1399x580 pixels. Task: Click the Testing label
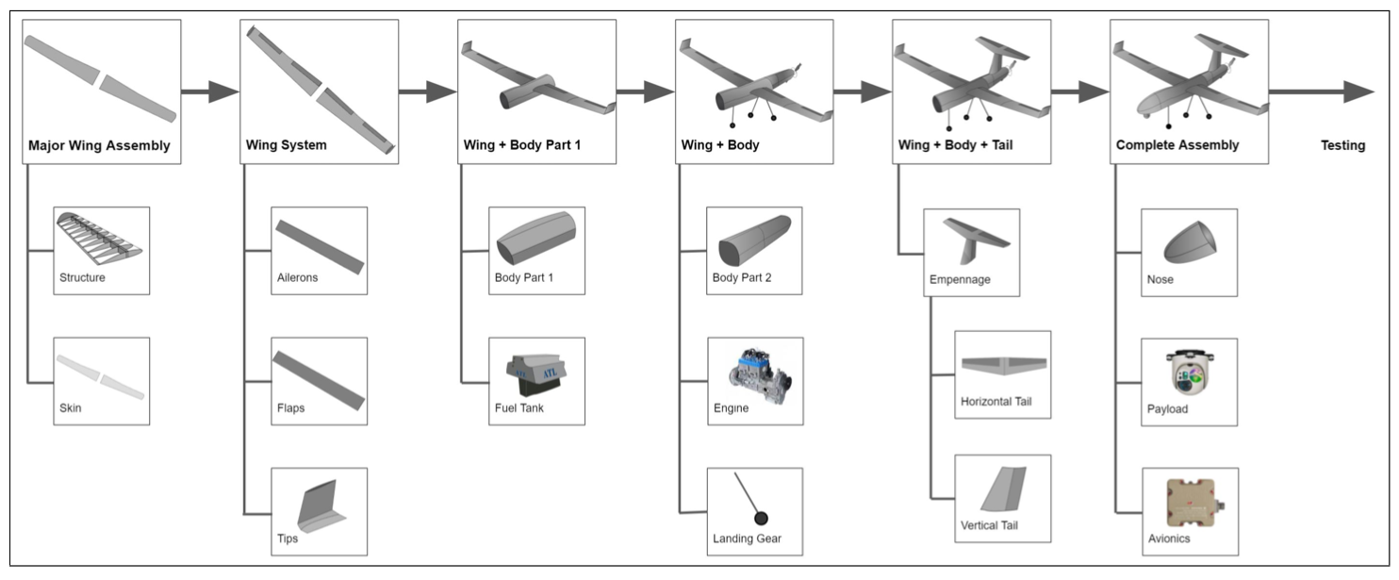coord(1342,146)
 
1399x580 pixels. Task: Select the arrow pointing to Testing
coord(1320,91)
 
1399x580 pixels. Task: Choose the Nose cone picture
coord(1190,242)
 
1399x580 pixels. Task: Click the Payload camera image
coord(1190,372)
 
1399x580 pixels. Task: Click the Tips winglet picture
coord(319,505)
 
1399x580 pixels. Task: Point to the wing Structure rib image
coord(100,237)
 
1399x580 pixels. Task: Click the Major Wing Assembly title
coord(99,146)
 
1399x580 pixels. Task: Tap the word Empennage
coord(960,280)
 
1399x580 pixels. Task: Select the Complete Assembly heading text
coord(1177,146)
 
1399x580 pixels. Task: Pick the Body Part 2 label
coord(743,278)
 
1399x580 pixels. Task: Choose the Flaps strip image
coord(319,378)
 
